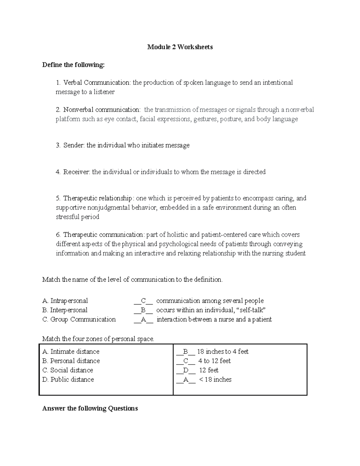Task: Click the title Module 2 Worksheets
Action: tap(180, 47)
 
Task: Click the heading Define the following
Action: tap(73, 65)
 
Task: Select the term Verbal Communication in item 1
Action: tap(96, 83)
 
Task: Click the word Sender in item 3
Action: tap(74, 146)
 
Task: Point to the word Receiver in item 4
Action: tap(76, 172)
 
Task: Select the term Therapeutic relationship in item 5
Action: tap(97, 198)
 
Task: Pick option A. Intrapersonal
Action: tap(65, 301)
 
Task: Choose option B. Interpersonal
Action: tap(65, 310)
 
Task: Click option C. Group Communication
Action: tap(79, 320)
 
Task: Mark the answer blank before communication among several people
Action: tap(143, 301)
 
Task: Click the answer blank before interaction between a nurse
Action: tap(143, 320)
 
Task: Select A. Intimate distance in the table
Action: tap(71, 352)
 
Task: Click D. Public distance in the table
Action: tap(68, 380)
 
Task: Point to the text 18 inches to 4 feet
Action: tap(223, 352)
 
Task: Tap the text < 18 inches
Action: tap(215, 380)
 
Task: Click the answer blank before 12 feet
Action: tap(186, 370)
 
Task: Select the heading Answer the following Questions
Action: tap(90, 409)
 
